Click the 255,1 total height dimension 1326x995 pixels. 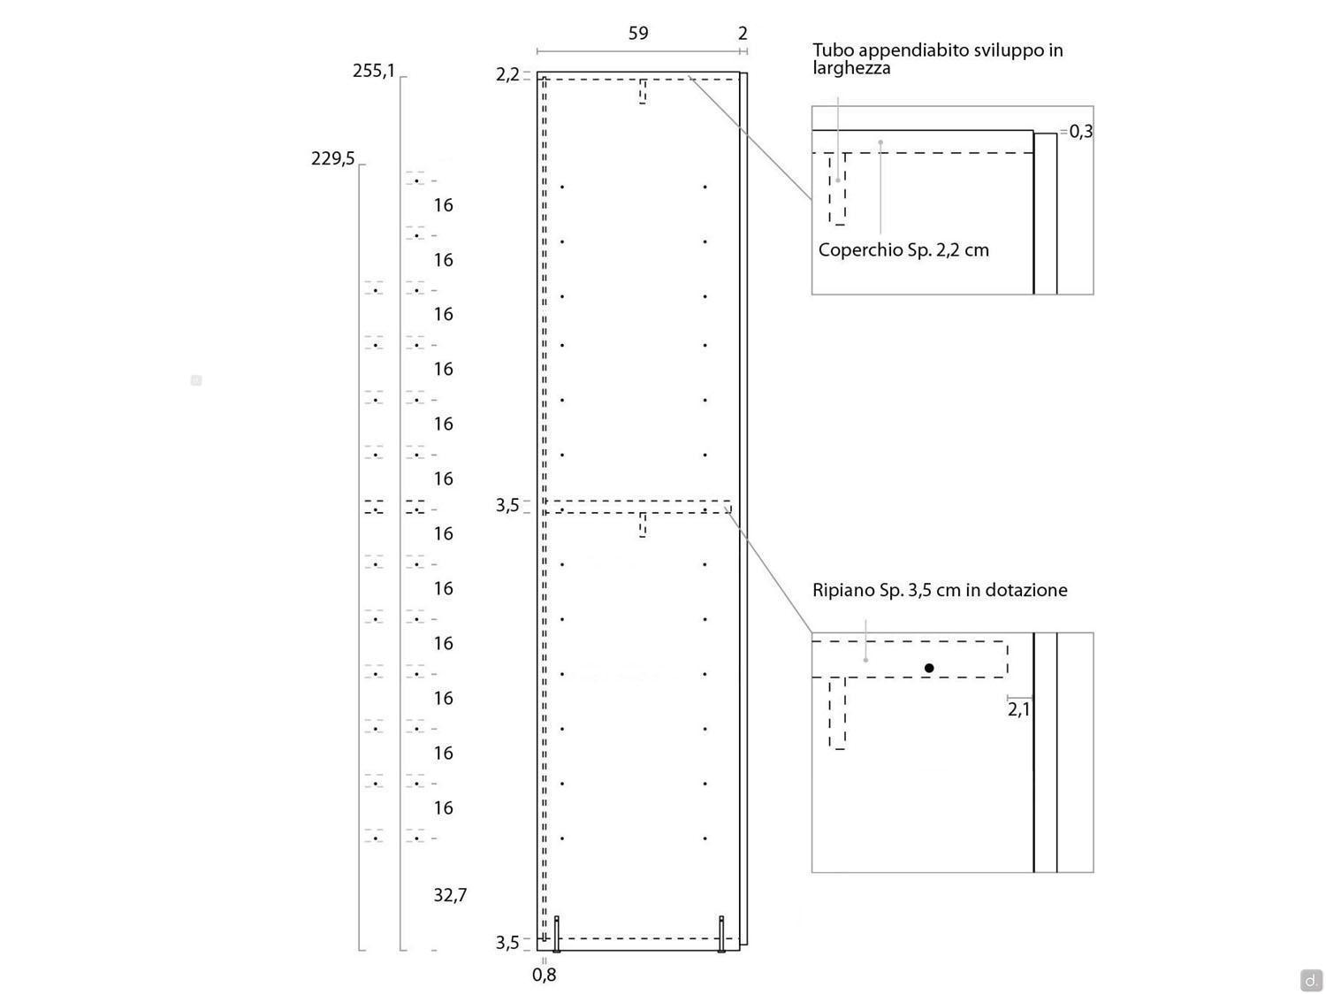point(373,72)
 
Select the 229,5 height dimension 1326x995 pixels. point(332,159)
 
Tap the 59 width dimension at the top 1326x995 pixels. point(638,34)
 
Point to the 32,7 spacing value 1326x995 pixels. point(449,895)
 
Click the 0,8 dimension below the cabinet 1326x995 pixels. point(544,975)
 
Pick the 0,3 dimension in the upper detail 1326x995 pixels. point(1081,131)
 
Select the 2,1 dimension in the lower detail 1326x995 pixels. point(1018,709)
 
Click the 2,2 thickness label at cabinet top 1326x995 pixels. point(507,75)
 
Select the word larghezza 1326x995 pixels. point(851,68)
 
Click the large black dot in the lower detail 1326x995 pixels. point(929,668)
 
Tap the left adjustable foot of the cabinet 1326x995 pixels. point(556,934)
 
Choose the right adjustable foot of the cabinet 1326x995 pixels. point(720,934)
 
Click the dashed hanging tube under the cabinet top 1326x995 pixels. point(642,91)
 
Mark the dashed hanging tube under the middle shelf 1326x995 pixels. point(642,525)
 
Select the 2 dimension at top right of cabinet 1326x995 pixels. point(743,34)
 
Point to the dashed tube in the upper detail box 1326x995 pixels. point(836,189)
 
